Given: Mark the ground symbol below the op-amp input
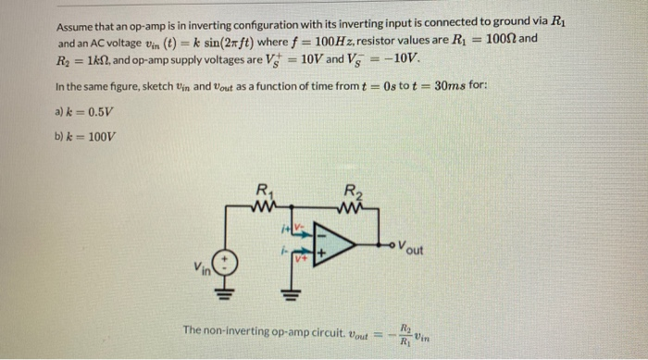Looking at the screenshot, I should (x=286, y=294).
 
